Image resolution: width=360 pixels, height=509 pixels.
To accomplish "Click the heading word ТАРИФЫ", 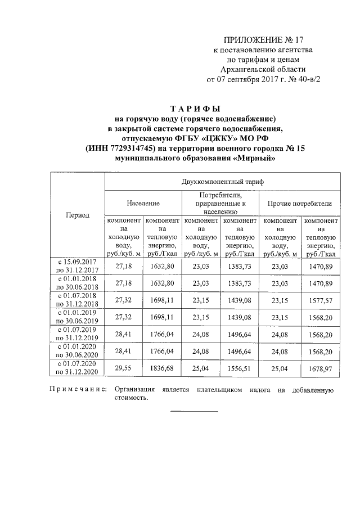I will point(195,109).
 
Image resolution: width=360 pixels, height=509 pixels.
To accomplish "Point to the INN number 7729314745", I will point(134,148).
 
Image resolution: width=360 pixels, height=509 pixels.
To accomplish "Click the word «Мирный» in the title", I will point(254,159).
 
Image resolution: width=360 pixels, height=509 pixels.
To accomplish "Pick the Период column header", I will point(78,215).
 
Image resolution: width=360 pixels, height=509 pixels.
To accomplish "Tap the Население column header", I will point(143,203).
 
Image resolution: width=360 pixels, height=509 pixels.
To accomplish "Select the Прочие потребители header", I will point(300,203).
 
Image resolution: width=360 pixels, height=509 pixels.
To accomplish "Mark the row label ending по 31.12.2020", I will point(78,372).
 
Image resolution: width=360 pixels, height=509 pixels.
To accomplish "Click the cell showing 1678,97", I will point(321,368).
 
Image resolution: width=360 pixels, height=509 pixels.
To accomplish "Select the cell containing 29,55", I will point(123,368).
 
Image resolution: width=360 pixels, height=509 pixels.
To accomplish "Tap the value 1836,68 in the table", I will point(163,368).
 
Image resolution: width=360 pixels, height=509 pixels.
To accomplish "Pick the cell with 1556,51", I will point(241,368).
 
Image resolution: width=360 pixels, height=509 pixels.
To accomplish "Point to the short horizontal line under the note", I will point(193,412).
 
